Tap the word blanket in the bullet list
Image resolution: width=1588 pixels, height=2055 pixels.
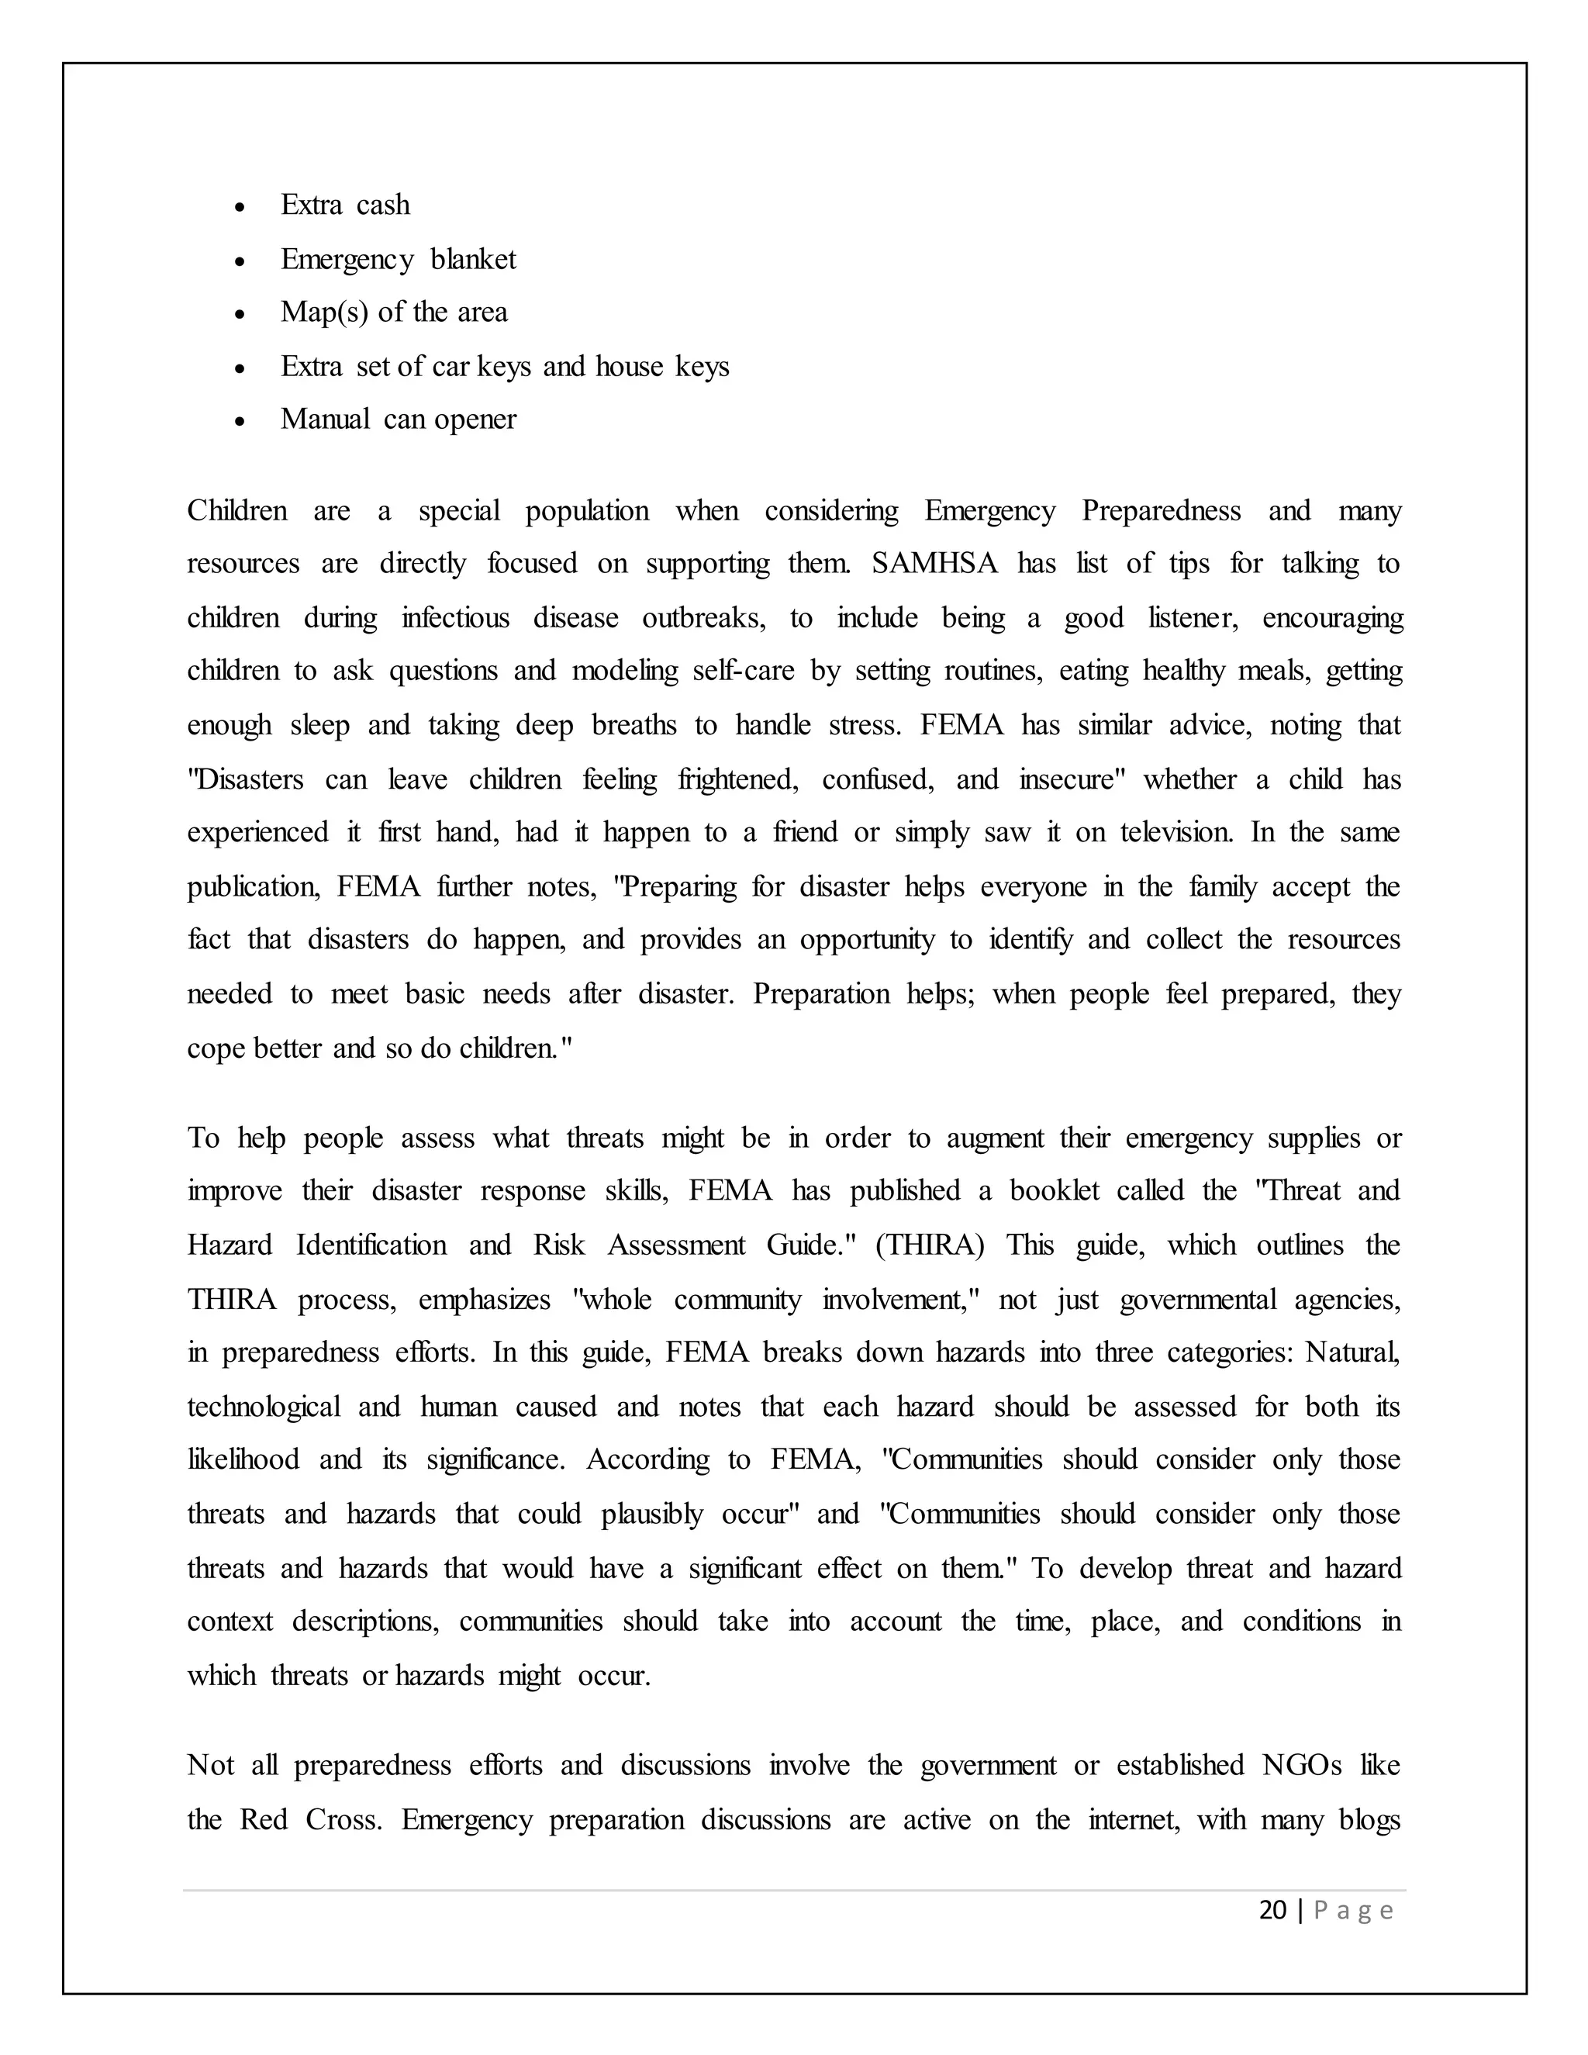tap(472, 259)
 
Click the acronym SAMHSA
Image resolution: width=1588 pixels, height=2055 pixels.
tap(934, 564)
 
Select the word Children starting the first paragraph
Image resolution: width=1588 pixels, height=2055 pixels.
tap(237, 510)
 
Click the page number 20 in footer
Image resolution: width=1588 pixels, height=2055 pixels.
tap(1272, 1910)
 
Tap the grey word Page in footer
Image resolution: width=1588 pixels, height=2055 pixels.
tap(1353, 1911)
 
